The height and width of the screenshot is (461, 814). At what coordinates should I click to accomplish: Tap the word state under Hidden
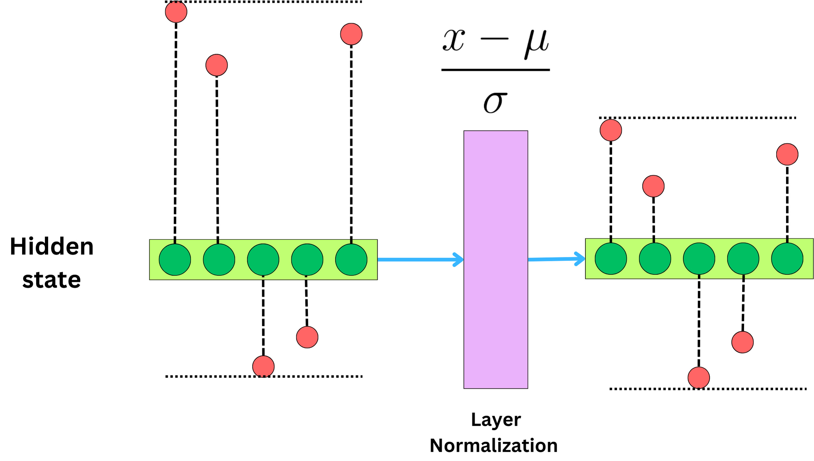pos(51,280)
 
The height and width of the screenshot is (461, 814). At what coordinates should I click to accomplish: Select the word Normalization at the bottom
pos(494,445)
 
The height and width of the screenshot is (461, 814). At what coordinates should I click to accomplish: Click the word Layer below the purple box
pos(496,420)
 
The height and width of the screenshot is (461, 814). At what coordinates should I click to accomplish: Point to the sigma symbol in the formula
pos(495,102)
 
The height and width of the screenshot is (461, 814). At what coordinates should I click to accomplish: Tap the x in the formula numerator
pos(454,40)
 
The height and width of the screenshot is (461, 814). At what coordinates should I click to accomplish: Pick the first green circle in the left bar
pos(175,260)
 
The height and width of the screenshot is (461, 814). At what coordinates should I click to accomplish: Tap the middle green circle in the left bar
pos(263,260)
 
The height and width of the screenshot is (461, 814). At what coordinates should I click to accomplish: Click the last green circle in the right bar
pos(787,259)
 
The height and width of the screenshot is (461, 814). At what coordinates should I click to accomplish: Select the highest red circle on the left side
pos(176,12)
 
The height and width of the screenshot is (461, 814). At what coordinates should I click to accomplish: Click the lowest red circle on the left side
pos(263,367)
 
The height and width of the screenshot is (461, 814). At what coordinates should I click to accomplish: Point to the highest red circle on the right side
pos(610,130)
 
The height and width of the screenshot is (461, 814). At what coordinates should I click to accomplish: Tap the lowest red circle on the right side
pos(699,378)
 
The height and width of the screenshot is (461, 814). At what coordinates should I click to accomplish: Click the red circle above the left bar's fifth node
pos(351,34)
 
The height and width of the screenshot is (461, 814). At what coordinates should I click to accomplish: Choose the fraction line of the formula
pos(495,70)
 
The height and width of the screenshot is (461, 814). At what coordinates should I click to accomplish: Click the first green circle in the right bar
pos(610,259)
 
